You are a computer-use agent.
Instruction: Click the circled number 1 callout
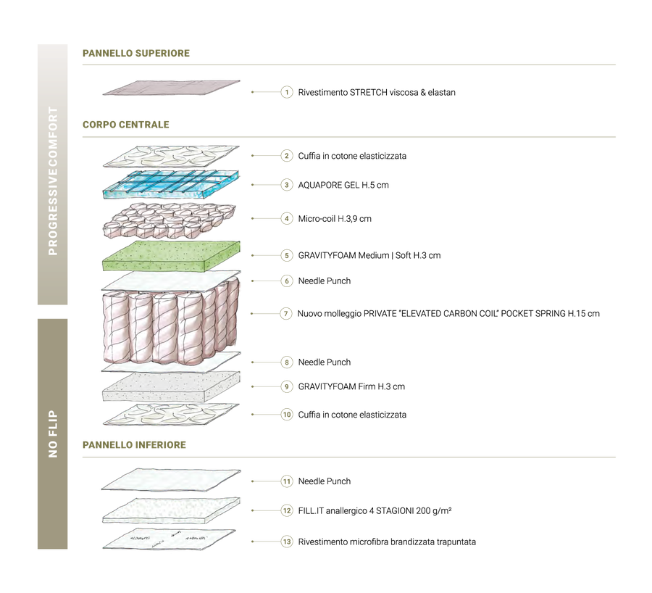(286, 92)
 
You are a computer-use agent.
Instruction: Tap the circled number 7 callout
(285, 313)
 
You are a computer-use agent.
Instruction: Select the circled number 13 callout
(286, 542)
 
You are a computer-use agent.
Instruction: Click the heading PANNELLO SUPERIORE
(136, 53)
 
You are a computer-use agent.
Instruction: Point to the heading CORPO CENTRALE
(125, 125)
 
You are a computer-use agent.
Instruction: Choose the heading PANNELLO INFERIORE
(134, 445)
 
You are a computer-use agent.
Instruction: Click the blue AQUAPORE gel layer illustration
(171, 183)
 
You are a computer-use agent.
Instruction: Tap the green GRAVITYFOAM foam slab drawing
(171, 256)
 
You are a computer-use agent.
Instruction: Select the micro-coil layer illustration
(170, 220)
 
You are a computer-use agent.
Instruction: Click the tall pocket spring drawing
(171, 323)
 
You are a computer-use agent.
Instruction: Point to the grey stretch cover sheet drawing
(171, 88)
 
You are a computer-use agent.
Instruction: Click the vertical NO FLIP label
(53, 434)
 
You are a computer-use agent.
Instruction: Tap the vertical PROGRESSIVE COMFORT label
(53, 181)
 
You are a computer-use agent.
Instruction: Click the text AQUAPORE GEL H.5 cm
(343, 185)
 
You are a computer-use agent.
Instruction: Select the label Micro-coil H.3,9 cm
(334, 219)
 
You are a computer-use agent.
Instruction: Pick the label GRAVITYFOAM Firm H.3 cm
(351, 386)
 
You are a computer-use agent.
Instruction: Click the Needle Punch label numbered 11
(325, 481)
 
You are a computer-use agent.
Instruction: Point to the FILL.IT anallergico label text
(375, 510)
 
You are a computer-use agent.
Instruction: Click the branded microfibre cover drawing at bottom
(169, 540)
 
